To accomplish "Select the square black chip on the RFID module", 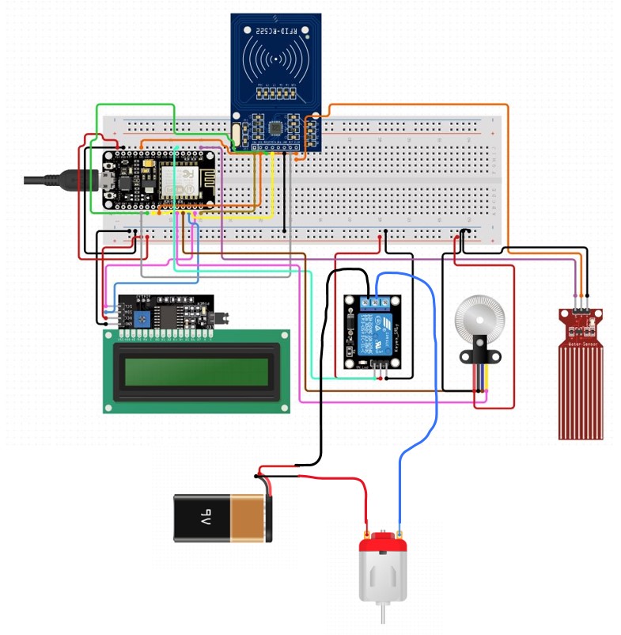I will click(x=275, y=127).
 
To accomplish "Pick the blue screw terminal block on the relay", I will click(x=377, y=302).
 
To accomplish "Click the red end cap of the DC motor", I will click(x=383, y=545).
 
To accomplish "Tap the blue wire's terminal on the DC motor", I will click(x=400, y=531).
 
